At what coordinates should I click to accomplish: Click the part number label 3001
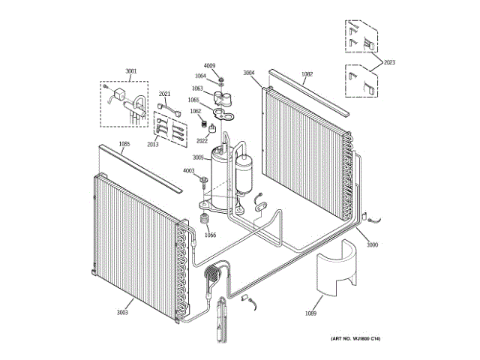(131, 71)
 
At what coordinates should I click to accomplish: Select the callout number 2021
(165, 94)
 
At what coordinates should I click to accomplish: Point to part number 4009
(210, 66)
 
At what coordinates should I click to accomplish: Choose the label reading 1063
(197, 88)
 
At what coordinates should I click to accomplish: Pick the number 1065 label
(193, 100)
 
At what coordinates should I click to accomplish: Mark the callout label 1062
(195, 111)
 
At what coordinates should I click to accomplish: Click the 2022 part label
(202, 140)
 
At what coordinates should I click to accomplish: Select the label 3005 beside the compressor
(198, 157)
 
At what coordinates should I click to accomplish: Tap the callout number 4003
(189, 171)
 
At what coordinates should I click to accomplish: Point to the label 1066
(210, 235)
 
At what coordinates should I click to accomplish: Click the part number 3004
(249, 73)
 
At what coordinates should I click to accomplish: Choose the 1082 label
(307, 73)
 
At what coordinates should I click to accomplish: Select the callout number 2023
(388, 63)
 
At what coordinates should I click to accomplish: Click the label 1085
(124, 144)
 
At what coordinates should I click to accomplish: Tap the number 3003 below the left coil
(121, 312)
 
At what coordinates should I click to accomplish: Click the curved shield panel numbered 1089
(334, 270)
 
